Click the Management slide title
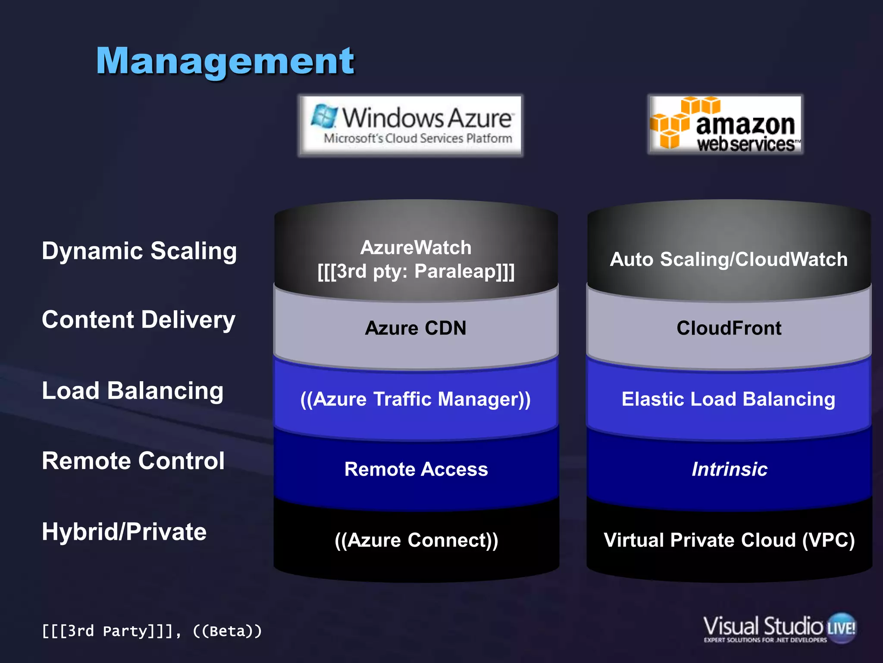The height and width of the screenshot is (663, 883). tap(225, 62)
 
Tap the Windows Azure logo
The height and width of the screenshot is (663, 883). tap(410, 125)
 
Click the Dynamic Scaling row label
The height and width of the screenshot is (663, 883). tap(139, 251)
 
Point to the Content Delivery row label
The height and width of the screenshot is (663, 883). tap(138, 320)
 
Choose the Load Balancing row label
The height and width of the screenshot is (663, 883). tap(133, 391)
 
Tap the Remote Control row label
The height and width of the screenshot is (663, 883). tap(133, 461)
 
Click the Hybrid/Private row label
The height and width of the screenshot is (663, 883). tap(124, 531)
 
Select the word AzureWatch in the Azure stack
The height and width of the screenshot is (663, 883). tap(416, 248)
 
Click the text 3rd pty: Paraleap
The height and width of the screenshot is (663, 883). tap(416, 272)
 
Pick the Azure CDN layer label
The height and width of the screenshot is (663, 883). tap(416, 328)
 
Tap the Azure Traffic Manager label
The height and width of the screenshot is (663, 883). tap(416, 399)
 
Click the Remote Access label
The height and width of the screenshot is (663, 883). tap(416, 469)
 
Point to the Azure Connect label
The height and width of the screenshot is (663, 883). tap(416, 540)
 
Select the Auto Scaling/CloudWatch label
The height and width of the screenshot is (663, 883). tap(729, 259)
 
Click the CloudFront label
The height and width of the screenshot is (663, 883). tap(729, 328)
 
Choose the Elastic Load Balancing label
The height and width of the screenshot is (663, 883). tap(729, 399)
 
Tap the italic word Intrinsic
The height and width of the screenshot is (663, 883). tap(730, 469)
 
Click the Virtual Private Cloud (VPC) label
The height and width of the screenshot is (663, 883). tap(729, 540)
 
